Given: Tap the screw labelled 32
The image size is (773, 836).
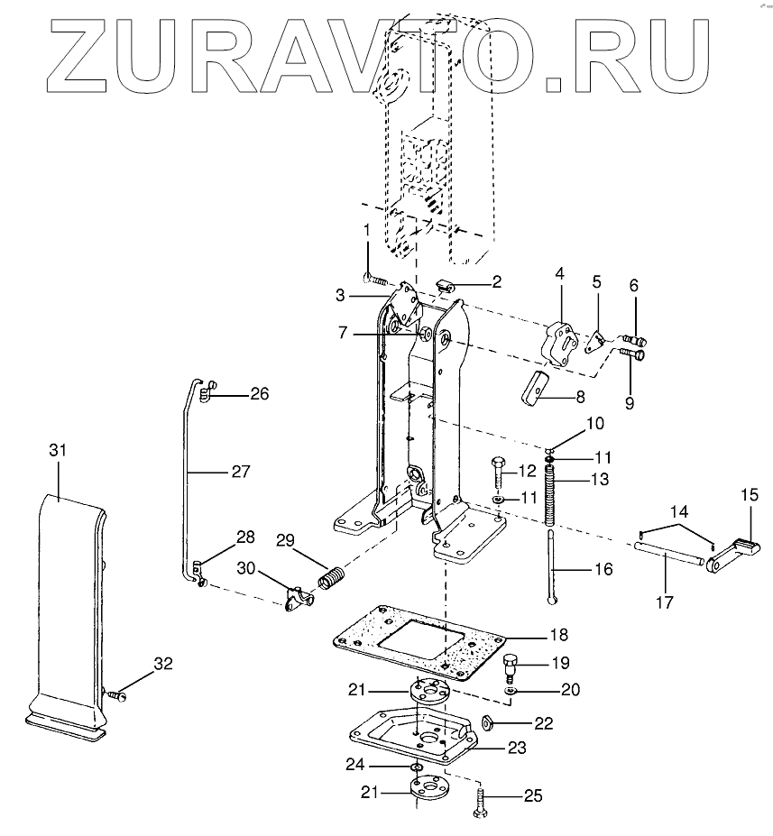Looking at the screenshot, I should [x=117, y=694].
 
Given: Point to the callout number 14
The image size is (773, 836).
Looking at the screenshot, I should [x=676, y=510].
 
